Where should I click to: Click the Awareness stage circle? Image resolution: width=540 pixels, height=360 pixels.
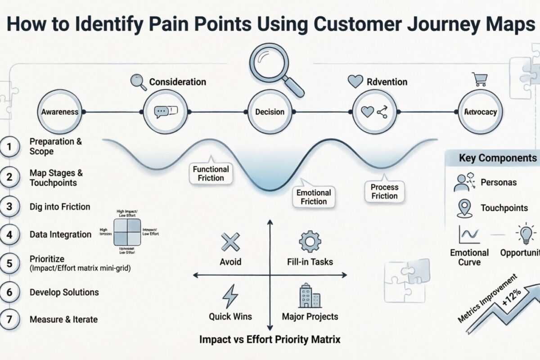point(60,112)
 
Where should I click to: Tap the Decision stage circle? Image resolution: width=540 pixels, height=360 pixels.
point(270,112)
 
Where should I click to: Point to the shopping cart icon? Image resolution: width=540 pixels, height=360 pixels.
point(479,80)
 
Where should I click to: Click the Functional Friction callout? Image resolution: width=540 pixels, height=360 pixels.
point(211,173)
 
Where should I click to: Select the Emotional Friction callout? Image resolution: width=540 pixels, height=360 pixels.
point(314,197)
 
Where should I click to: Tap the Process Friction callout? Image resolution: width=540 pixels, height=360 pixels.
point(384,191)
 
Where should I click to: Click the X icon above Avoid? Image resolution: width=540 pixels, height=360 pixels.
point(230,243)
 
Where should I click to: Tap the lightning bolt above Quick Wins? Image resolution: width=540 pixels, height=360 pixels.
point(230,296)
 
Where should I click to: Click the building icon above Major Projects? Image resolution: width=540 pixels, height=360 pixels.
point(310,296)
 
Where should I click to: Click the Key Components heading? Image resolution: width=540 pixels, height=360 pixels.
point(497,158)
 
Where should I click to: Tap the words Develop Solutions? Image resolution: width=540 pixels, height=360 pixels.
point(64,292)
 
